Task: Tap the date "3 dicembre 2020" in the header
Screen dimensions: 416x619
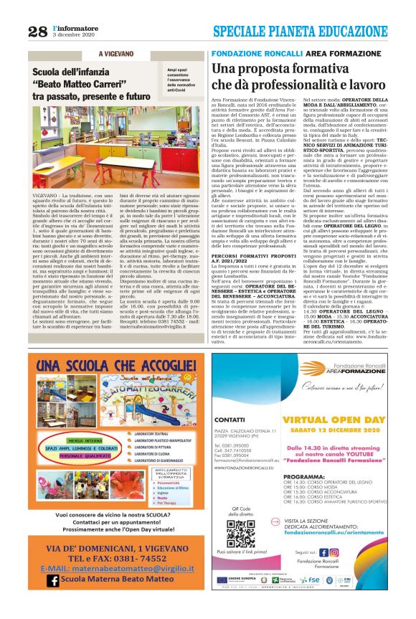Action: tap(74, 35)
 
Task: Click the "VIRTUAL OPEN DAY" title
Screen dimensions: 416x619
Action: tap(331, 419)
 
